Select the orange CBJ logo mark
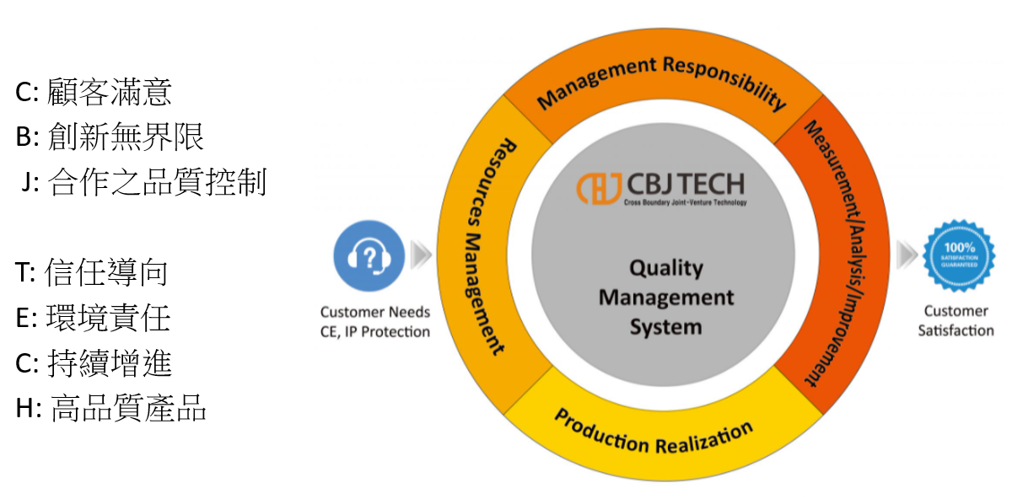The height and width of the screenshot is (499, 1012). pyautogui.click(x=600, y=187)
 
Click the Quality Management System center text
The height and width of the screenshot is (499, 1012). pyautogui.click(x=665, y=297)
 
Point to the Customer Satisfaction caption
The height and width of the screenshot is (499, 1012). pyautogui.click(x=955, y=321)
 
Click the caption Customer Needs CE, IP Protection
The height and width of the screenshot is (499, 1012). pyautogui.click(x=374, y=322)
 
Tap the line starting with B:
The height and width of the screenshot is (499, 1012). pyautogui.click(x=110, y=137)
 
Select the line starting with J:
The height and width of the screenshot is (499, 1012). pyautogui.click(x=143, y=182)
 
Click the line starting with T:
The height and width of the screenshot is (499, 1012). pyautogui.click(x=92, y=272)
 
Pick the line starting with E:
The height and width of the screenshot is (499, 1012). pyautogui.click(x=93, y=318)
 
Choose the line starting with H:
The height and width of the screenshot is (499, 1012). pyautogui.click(x=110, y=409)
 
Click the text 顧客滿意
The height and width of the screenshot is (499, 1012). pyautogui.click(x=110, y=91)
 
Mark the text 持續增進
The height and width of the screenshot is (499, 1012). pyautogui.click(x=110, y=363)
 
